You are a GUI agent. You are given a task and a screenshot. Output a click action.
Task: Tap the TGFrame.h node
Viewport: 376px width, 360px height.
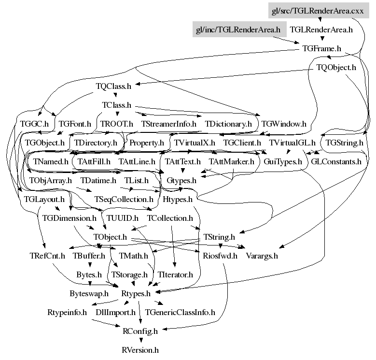(x=321, y=48)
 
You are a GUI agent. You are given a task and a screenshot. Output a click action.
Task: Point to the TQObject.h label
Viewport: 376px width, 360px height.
(x=336, y=67)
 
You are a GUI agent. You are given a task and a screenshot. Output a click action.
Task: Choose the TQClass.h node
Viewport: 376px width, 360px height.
(x=113, y=86)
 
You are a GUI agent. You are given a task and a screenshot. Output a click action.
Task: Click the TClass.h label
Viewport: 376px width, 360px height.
(x=116, y=105)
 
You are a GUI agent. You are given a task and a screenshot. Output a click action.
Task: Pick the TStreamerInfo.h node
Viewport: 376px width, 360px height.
(x=168, y=124)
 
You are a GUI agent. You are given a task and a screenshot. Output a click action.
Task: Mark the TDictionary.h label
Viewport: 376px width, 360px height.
(x=228, y=124)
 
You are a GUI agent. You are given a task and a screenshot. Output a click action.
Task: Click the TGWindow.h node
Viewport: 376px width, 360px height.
(x=283, y=124)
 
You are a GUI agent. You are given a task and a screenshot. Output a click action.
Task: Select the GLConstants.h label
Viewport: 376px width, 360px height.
(x=336, y=161)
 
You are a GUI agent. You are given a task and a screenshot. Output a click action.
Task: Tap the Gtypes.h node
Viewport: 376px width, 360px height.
(x=181, y=180)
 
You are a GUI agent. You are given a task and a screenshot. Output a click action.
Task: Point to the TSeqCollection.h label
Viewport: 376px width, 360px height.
(x=124, y=199)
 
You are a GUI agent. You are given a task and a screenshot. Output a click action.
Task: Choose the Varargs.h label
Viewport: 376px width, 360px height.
(x=262, y=256)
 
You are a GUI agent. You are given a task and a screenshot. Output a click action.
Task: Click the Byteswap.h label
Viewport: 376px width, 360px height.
(x=89, y=293)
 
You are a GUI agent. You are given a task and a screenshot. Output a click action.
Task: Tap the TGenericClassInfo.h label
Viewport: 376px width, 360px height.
(x=180, y=312)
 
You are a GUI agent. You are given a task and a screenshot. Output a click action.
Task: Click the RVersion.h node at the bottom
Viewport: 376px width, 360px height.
(x=140, y=350)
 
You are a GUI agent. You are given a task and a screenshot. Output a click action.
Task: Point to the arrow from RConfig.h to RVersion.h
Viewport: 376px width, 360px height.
(x=140, y=340)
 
